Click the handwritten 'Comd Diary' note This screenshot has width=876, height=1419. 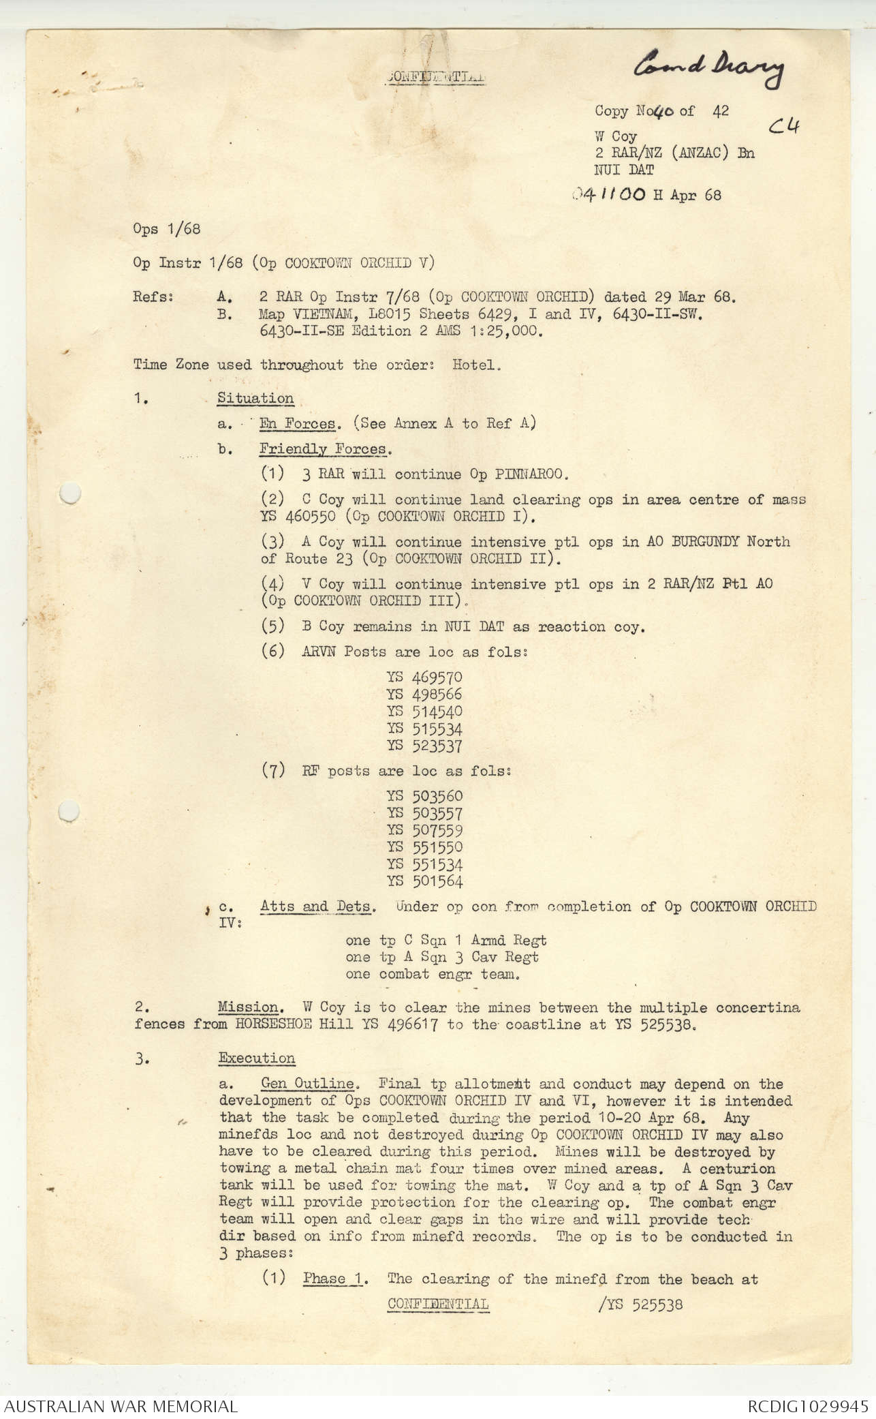click(x=708, y=68)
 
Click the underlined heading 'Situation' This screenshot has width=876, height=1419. click(x=255, y=398)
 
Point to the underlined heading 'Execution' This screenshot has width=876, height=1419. click(x=257, y=1058)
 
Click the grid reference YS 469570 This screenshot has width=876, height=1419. click(x=424, y=677)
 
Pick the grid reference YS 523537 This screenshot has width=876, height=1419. click(x=424, y=746)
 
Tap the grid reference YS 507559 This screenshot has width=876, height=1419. click(x=424, y=830)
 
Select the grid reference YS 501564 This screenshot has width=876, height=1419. click(x=424, y=881)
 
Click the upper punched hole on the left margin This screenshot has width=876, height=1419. click(x=69, y=493)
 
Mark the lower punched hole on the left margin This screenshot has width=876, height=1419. click(x=69, y=811)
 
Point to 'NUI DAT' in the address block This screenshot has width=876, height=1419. click(x=624, y=170)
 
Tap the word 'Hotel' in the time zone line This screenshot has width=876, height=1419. click(x=475, y=365)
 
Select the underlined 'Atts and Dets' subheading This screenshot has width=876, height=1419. click(x=317, y=906)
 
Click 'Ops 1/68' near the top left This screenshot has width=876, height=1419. click(x=167, y=229)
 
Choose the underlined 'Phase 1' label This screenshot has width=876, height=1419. click(x=332, y=1279)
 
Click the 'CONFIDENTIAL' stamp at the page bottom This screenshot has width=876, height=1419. click(x=437, y=1304)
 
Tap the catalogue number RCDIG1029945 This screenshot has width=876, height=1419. click(x=807, y=1406)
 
